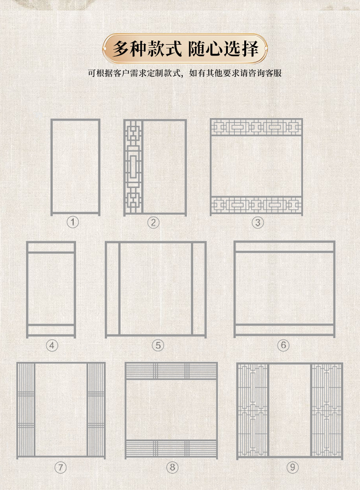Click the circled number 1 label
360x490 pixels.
point(73,222)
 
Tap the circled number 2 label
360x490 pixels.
point(154,222)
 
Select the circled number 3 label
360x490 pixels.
point(258,222)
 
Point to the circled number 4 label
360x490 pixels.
point(52,346)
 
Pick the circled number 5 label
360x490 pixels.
point(158,346)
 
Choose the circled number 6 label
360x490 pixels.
point(283,346)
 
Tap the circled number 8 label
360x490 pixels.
point(172,467)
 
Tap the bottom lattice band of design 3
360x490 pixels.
point(256,205)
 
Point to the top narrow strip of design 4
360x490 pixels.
point(51,247)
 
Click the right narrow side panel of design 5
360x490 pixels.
point(199,289)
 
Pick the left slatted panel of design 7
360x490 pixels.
point(26,410)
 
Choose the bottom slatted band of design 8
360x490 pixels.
point(171,449)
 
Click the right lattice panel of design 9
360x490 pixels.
point(326,411)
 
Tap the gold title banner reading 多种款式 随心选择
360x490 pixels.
point(185,48)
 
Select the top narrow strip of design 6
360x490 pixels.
point(284,247)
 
